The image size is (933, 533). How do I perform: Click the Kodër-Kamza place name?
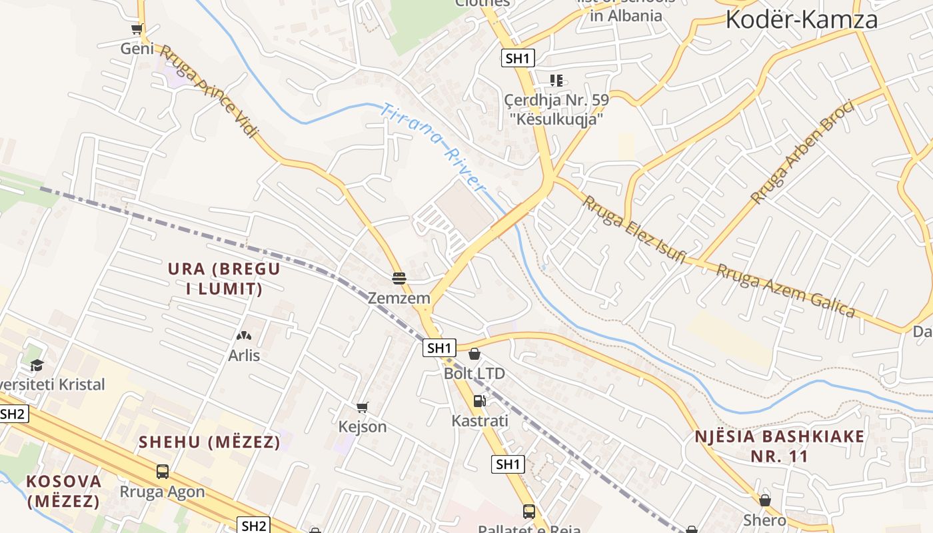click(x=801, y=19)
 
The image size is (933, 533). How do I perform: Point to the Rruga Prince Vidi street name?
click(x=209, y=91)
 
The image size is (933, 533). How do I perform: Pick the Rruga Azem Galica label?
click(x=786, y=290)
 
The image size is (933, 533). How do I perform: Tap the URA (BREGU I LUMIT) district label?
click(x=224, y=278)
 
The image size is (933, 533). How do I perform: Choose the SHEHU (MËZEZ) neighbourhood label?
click(x=209, y=442)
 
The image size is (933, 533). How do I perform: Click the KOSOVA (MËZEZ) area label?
click(x=64, y=490)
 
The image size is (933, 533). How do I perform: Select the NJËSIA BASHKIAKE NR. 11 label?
click(x=779, y=446)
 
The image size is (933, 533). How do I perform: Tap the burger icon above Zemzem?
click(x=399, y=278)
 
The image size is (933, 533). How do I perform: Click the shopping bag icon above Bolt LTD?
click(x=474, y=354)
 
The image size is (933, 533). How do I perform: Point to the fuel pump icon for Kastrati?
click(x=479, y=401)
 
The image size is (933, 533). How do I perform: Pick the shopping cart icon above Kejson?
click(x=363, y=407)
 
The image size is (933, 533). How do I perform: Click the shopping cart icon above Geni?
click(x=137, y=29)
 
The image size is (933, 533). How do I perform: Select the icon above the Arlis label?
click(x=244, y=336)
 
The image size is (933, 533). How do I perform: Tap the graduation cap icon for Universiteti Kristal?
click(x=37, y=365)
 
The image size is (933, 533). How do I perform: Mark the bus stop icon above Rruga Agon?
click(x=162, y=472)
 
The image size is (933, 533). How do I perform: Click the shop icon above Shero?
click(x=764, y=500)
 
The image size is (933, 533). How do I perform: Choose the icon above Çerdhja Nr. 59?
click(x=556, y=81)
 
